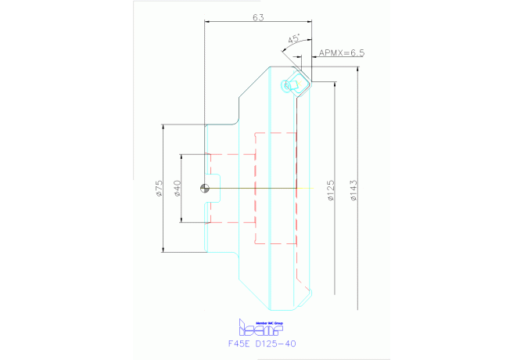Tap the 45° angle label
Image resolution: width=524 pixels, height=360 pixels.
294,38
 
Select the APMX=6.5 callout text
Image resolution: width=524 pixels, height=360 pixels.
342,53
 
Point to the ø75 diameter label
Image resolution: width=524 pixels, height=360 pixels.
159,188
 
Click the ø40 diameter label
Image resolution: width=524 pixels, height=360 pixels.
178,188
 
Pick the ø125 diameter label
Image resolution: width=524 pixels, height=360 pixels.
331,188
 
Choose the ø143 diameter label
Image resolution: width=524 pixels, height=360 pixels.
353,188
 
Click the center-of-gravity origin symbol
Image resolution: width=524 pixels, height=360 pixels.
205,188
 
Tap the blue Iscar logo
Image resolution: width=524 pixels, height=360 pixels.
259,327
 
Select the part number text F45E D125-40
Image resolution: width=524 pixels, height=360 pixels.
262,343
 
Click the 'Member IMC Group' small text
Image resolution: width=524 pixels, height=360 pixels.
262,321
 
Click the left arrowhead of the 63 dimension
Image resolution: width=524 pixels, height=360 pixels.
207,23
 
